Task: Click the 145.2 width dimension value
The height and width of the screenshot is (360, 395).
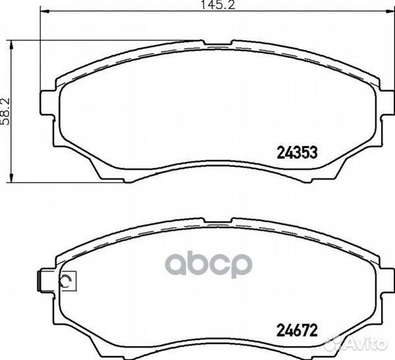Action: click(218, 5)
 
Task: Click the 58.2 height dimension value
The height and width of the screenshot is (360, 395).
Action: click(5, 111)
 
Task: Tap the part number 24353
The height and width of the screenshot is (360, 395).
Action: click(297, 153)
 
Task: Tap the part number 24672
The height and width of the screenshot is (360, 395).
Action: click(297, 331)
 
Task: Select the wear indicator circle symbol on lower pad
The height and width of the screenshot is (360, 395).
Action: click(65, 281)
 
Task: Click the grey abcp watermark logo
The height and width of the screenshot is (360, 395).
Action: click(209, 265)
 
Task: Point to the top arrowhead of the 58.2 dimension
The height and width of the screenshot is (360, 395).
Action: click(11, 45)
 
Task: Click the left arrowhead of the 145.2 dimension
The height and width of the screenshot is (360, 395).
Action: click(45, 11)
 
